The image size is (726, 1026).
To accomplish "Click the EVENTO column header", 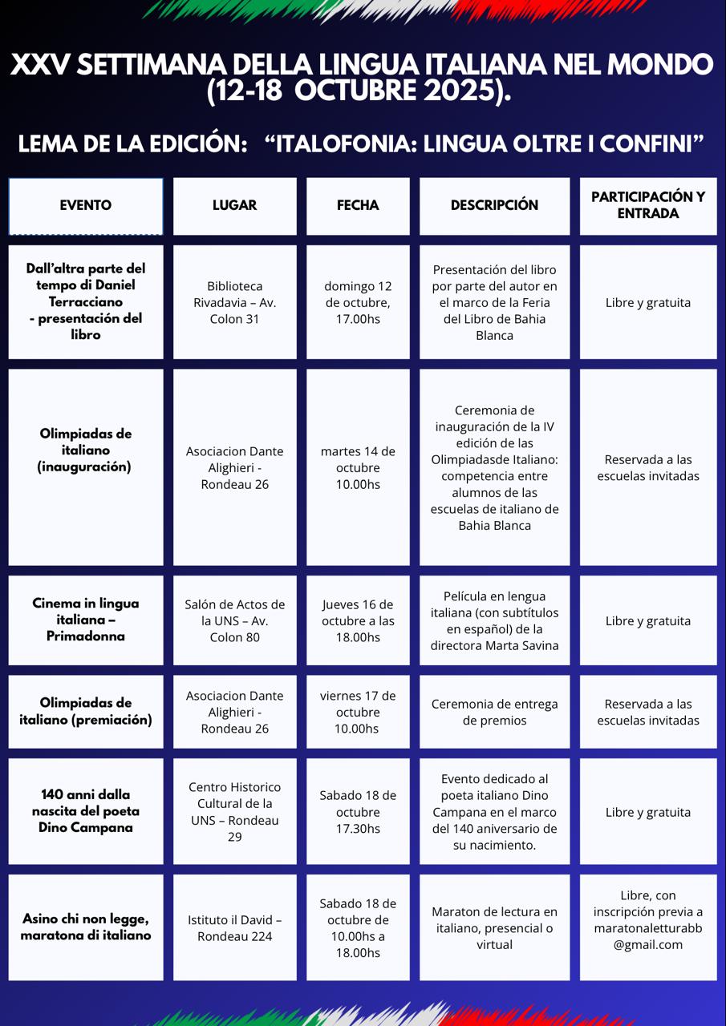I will (x=86, y=205).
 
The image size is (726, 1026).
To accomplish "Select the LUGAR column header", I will (x=234, y=205).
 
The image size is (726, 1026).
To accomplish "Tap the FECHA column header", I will (x=358, y=205).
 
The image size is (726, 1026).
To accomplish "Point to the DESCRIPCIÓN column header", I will (x=494, y=205).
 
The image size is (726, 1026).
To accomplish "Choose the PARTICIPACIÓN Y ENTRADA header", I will (x=648, y=205).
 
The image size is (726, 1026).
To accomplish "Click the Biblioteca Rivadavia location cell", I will (x=234, y=302).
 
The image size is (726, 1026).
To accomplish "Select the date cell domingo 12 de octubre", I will (x=358, y=302).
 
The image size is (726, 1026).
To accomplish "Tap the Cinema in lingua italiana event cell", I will (x=86, y=620).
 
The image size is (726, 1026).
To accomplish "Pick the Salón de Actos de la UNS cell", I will (x=234, y=620).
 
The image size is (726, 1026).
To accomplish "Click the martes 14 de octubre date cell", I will (x=358, y=467).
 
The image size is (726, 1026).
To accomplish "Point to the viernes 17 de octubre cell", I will (x=358, y=712).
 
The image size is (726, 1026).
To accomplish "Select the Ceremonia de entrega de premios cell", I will (x=494, y=712).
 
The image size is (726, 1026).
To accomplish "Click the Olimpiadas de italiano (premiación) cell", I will (x=86, y=711).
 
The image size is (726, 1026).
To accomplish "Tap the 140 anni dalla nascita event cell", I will (x=86, y=810).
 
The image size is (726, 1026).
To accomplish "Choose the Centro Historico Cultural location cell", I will (x=234, y=811).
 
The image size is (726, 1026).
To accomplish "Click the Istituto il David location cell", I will (x=234, y=927).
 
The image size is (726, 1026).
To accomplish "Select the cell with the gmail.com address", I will (x=648, y=927).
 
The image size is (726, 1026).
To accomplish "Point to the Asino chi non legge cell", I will (x=86, y=927).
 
